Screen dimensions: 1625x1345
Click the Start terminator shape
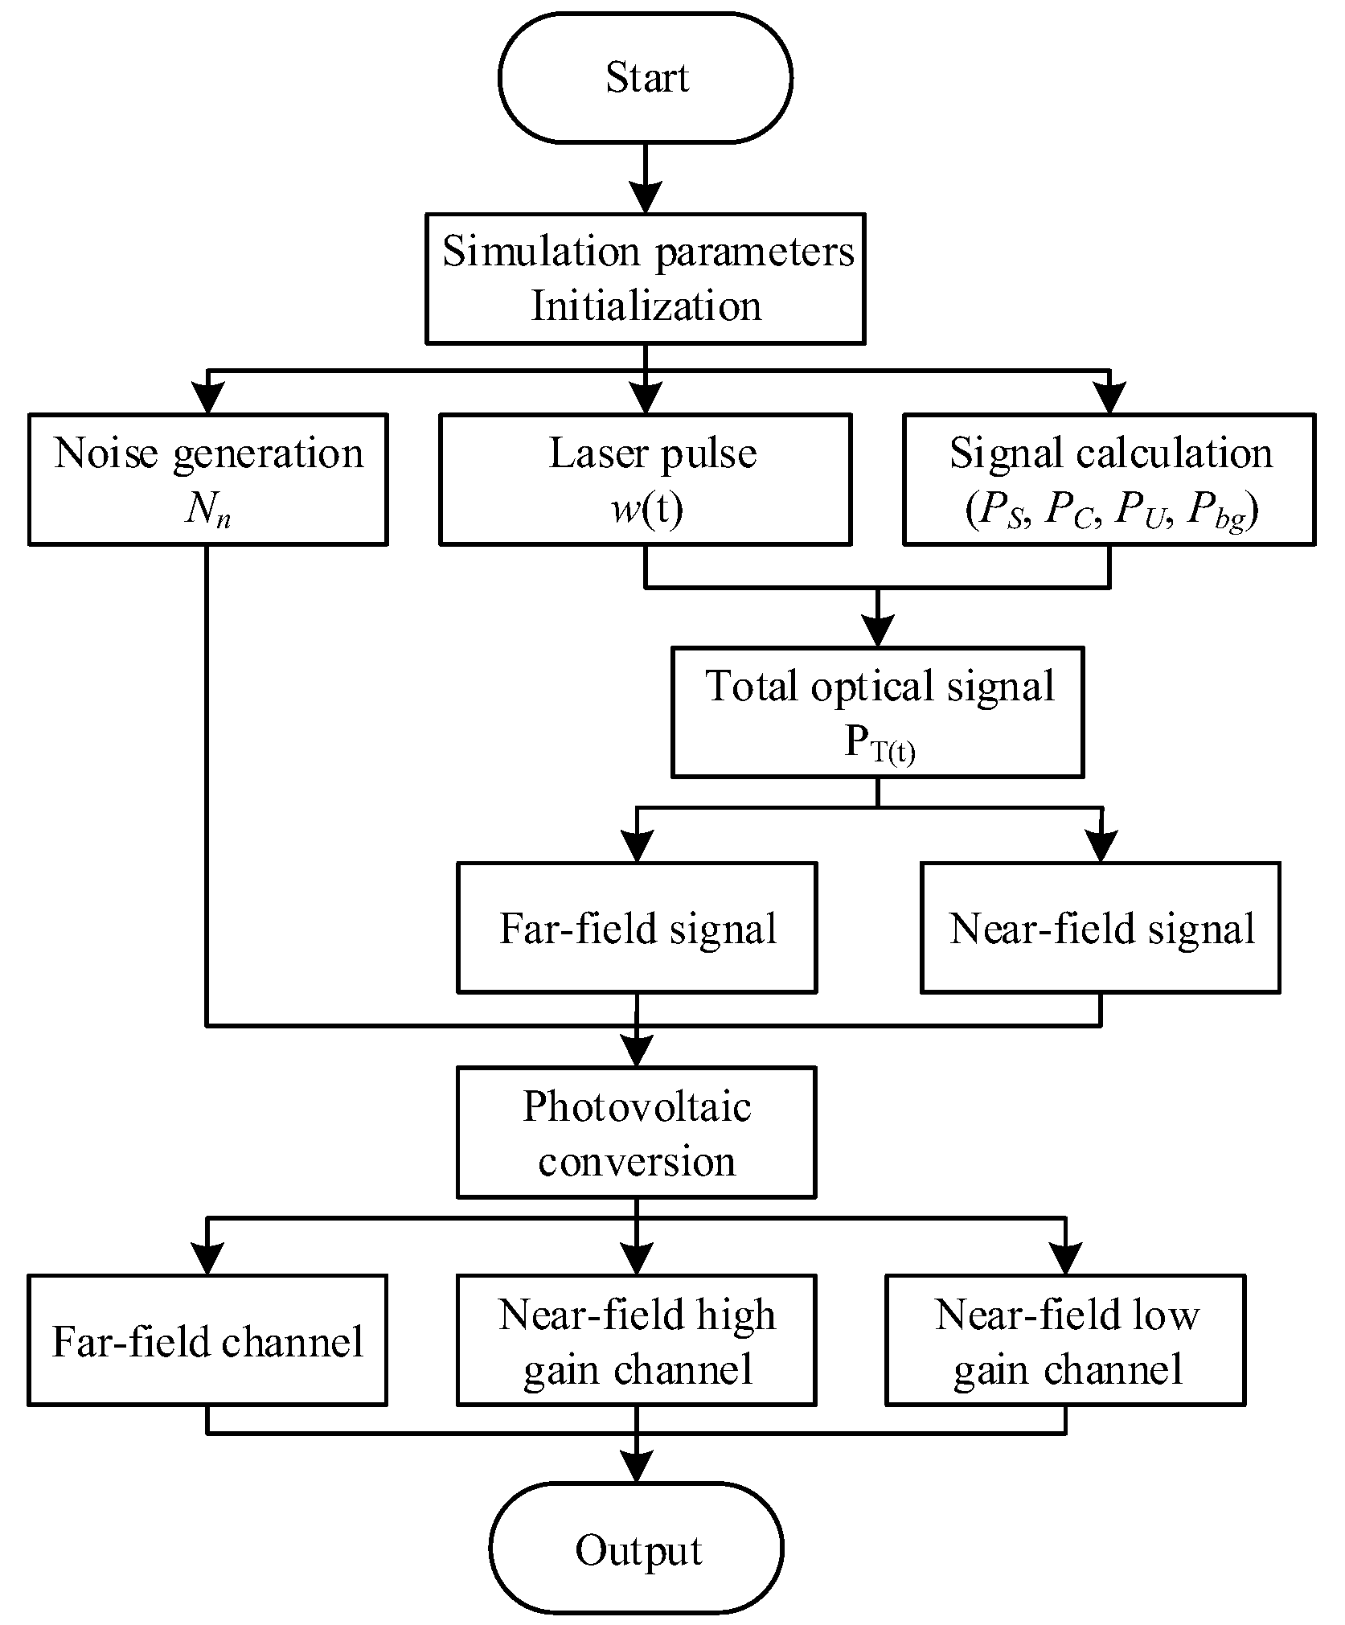click(646, 78)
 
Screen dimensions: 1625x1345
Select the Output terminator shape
click(637, 1549)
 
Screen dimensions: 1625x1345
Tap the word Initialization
click(646, 307)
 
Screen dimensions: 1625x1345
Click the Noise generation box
click(207, 479)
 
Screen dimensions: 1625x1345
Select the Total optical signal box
click(877, 712)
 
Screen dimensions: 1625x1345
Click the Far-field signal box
click(637, 927)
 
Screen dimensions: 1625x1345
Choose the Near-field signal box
click(1100, 927)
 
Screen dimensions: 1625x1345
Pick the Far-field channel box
click(207, 1340)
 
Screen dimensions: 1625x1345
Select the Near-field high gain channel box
click(637, 1340)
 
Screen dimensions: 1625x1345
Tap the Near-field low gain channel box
click(1065, 1340)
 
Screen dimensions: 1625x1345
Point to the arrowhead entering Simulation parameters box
click(646, 198)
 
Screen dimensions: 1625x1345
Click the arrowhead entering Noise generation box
click(208, 398)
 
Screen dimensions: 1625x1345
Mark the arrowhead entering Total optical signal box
click(877, 632)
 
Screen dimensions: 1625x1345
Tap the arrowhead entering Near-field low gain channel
click(1065, 1258)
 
